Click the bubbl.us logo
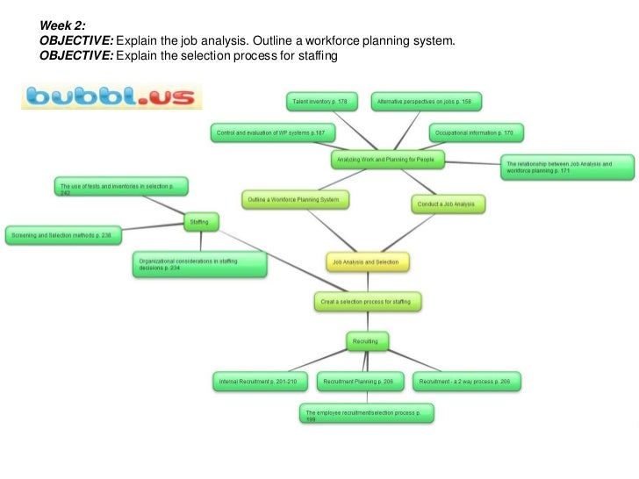(111, 96)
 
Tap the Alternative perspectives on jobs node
(425, 102)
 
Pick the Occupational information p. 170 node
(477, 133)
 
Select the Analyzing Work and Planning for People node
(388, 159)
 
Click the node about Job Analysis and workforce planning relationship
(569, 167)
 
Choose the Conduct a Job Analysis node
(448, 204)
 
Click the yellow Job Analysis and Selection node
(368, 261)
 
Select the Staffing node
(198, 222)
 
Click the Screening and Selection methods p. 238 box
(63, 234)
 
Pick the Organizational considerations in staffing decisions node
(198, 265)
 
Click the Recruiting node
(367, 340)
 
